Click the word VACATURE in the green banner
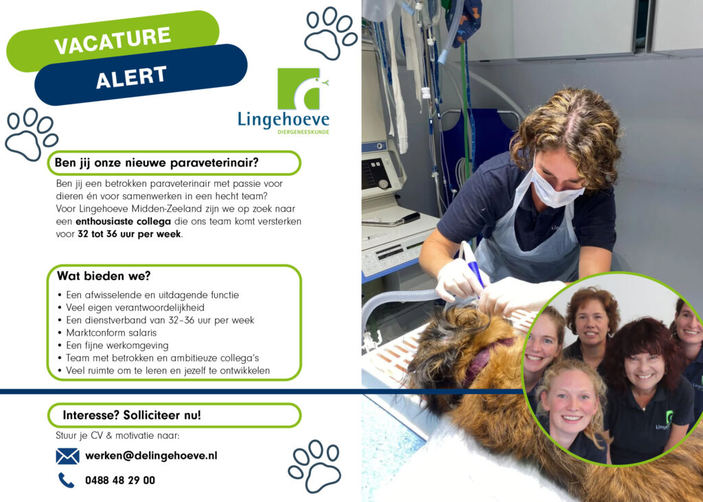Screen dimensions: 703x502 [113, 40]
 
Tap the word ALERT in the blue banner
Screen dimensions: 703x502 [131, 77]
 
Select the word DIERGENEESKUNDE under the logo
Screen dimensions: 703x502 [303, 132]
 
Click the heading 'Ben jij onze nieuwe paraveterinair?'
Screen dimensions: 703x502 [157, 162]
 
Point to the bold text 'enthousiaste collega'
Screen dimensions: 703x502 [124, 221]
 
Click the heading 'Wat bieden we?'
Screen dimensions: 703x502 [104, 275]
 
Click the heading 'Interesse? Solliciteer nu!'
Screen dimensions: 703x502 [132, 415]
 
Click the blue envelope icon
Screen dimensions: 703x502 [68, 456]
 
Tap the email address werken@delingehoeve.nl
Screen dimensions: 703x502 [151, 456]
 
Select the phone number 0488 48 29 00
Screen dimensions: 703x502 [120, 480]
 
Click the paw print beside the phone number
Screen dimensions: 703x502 [314, 466]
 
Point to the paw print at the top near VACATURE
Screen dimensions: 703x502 [331, 34]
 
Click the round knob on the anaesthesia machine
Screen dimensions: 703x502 [383, 183]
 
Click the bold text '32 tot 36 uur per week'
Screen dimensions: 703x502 [129, 233]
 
